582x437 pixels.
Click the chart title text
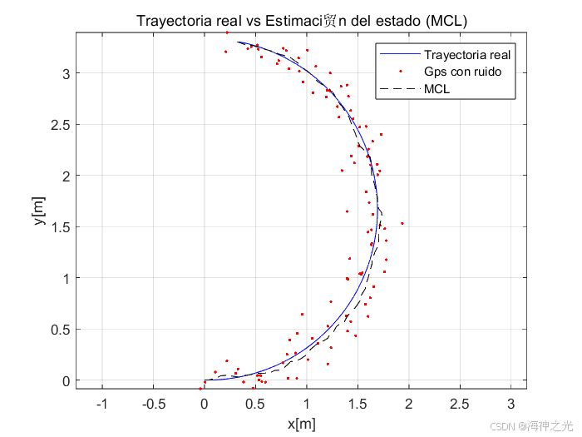click(302, 21)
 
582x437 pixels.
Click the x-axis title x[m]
click(301, 424)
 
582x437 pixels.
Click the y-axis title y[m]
click(39, 211)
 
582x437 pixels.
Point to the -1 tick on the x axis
click(101, 404)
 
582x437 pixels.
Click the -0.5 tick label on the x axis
click(154, 404)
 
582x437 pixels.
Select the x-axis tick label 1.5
click(358, 404)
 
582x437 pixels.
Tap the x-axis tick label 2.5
click(460, 404)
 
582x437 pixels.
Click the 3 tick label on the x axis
click(511, 404)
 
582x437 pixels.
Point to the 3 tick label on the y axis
click(66, 74)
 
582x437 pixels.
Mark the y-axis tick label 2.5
click(61, 125)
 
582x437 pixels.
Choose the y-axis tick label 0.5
click(61, 330)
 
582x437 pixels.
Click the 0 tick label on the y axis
click(66, 381)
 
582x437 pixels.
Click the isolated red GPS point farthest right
click(402, 223)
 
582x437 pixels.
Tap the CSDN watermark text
click(531, 426)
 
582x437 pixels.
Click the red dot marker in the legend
click(401, 71)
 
